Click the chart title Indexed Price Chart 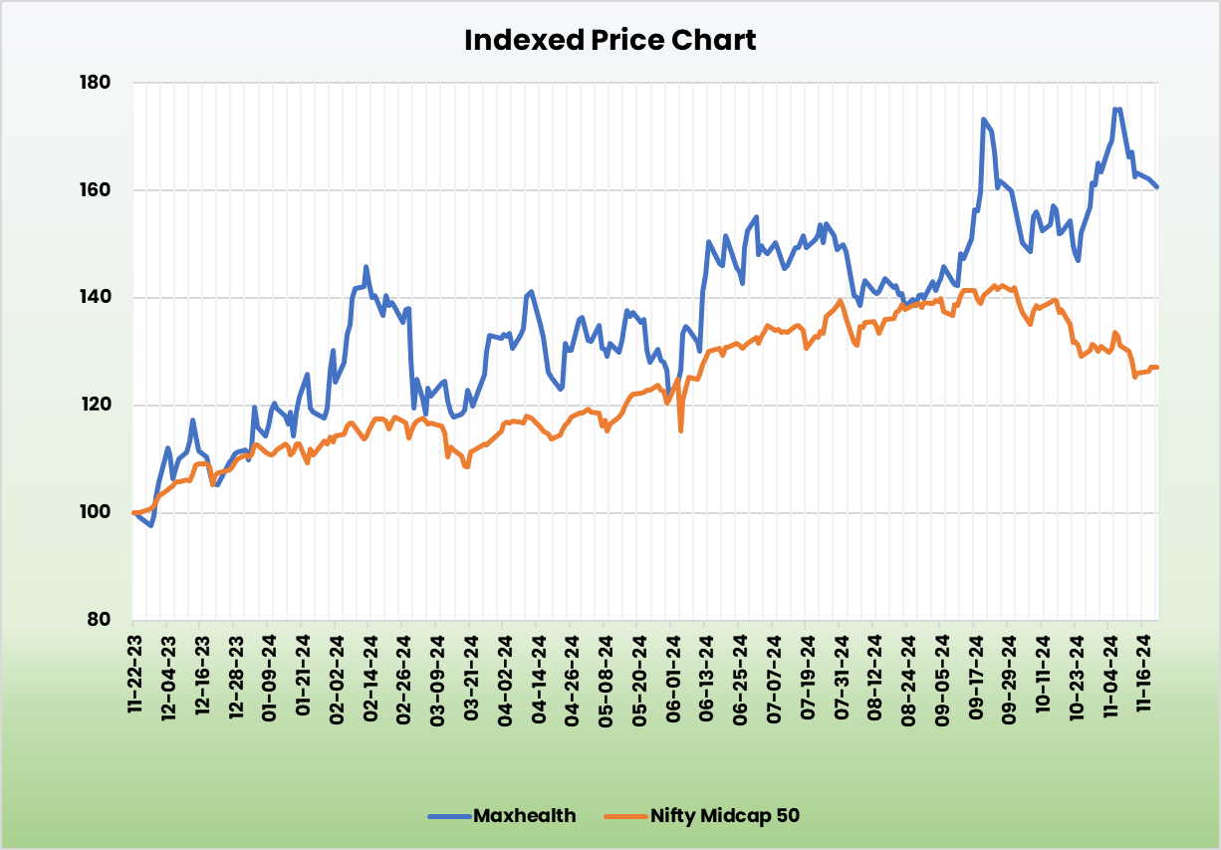pos(610,40)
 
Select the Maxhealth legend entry pos(524,816)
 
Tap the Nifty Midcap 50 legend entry pos(724,816)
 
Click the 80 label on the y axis pos(100,620)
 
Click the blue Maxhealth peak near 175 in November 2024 pos(1116,110)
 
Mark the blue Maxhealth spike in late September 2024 pos(983,120)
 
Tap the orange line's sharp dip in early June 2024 pos(680,430)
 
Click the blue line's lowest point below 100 pos(150,525)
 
